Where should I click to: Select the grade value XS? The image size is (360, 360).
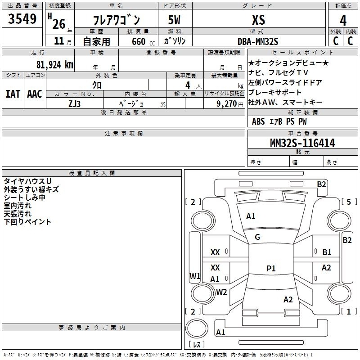click(259, 20)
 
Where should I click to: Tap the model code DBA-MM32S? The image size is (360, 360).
click(258, 41)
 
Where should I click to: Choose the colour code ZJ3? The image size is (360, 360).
click(75, 103)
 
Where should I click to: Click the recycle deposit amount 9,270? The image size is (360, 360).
click(226, 103)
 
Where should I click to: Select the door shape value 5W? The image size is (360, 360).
click(175, 20)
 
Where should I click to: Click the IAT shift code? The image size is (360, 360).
click(13, 94)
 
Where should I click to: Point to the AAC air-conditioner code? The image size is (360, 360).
click(35, 94)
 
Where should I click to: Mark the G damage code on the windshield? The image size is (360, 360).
click(257, 237)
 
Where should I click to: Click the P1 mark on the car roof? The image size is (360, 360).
click(271, 269)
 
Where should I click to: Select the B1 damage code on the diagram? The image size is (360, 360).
click(327, 252)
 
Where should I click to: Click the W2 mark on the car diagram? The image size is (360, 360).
click(221, 292)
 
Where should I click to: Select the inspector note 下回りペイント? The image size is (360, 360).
click(27, 222)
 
